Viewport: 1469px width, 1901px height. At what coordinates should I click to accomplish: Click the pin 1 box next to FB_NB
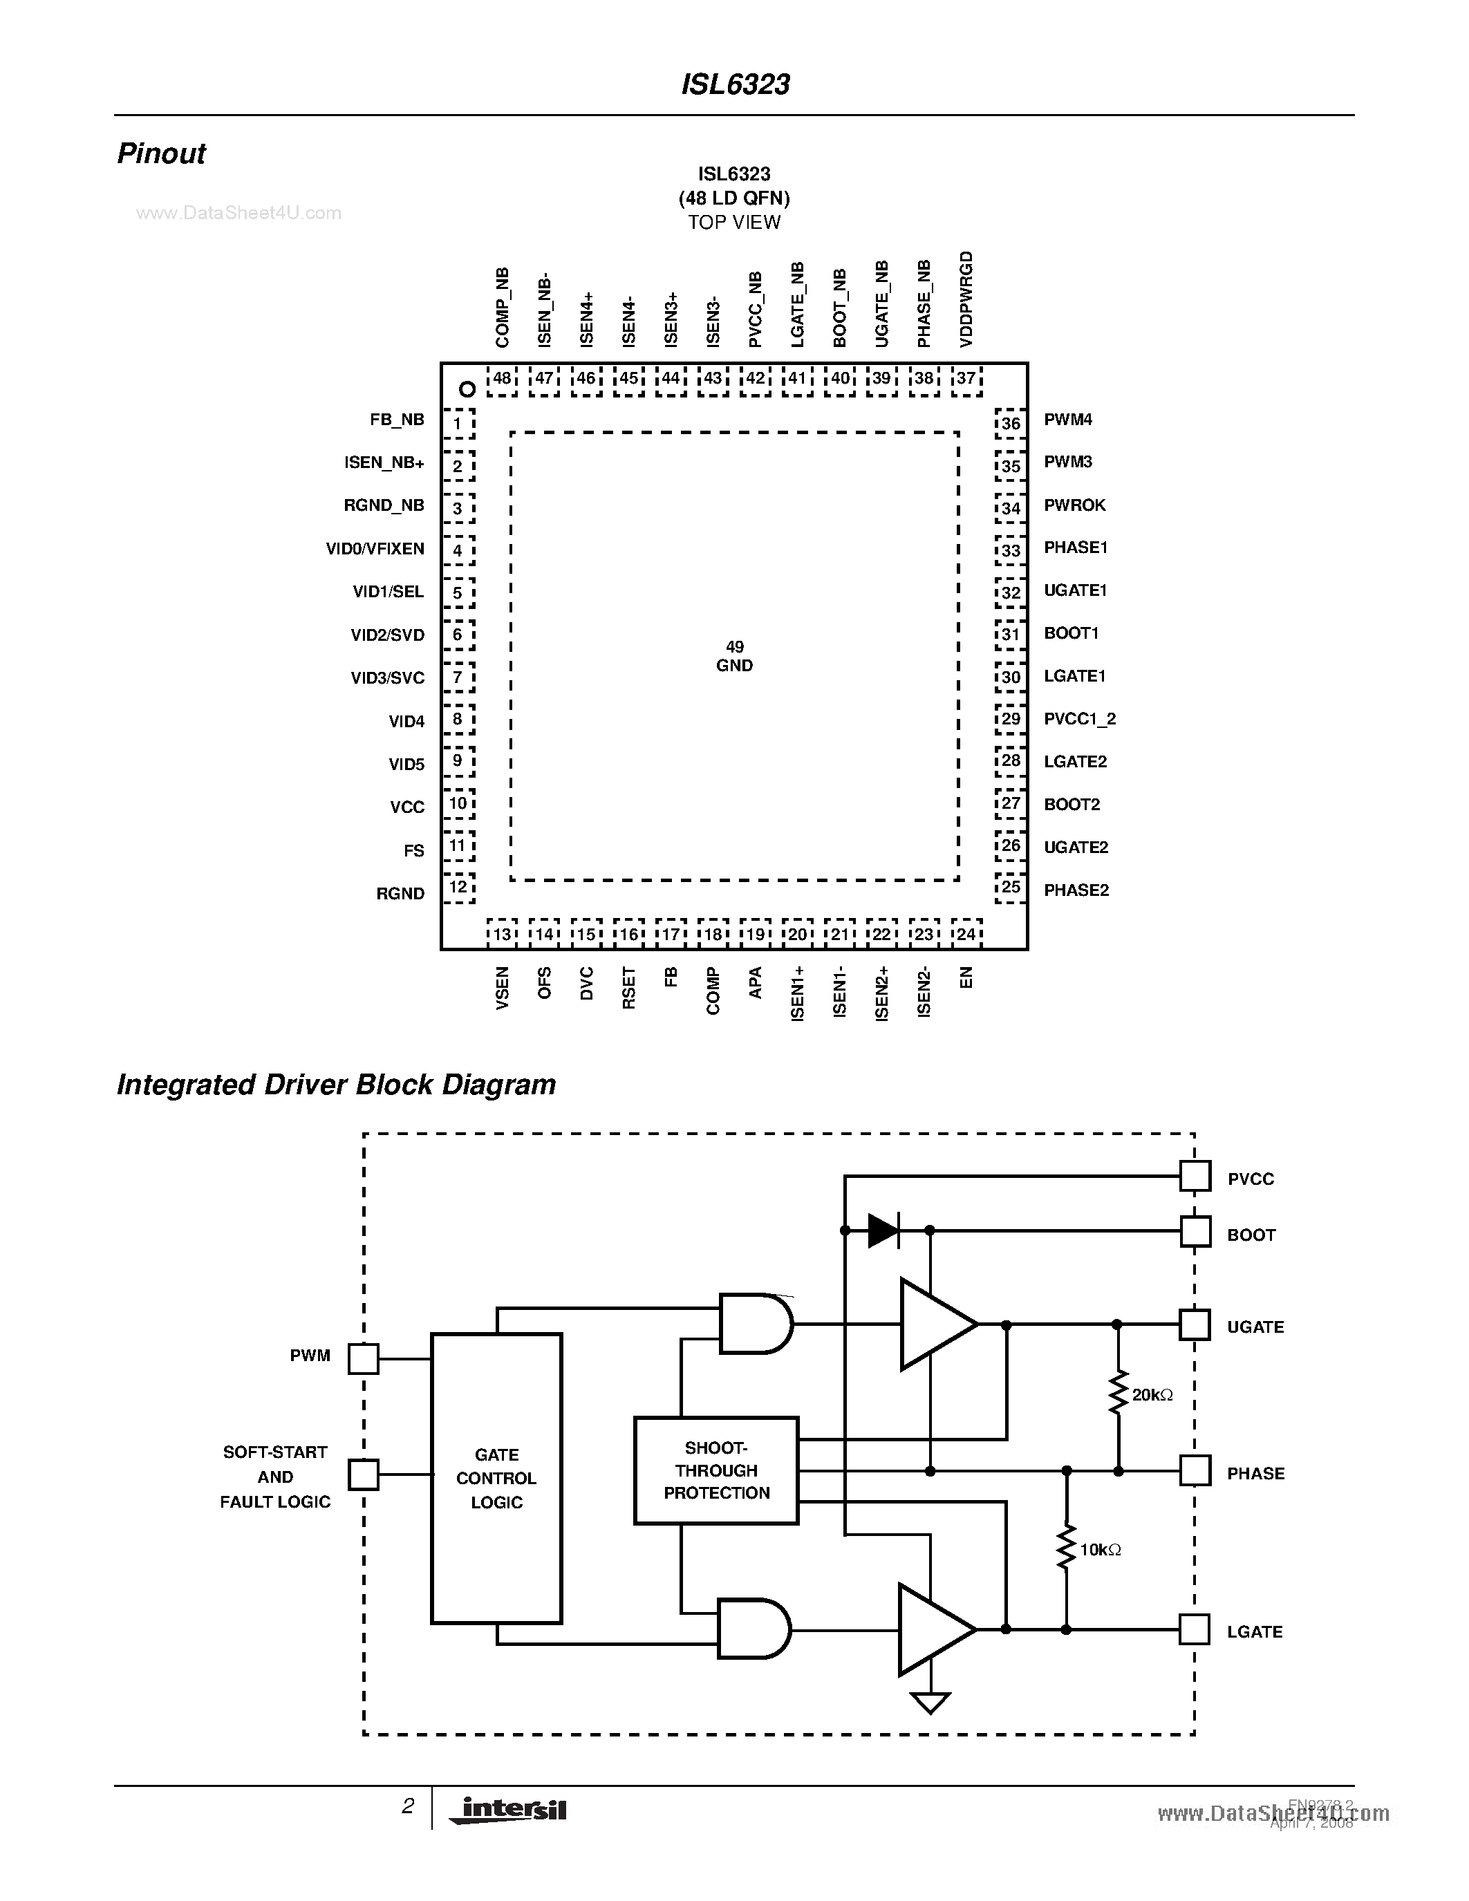coord(458,424)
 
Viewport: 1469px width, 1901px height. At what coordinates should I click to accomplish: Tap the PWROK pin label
coord(1075,505)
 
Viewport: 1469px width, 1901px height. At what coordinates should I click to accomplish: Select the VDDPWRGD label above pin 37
coord(966,299)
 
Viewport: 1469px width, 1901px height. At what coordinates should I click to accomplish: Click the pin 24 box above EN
coord(966,934)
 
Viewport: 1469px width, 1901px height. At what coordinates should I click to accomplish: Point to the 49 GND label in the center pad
coord(734,656)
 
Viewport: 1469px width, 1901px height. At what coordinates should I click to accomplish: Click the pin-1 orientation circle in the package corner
coord(467,389)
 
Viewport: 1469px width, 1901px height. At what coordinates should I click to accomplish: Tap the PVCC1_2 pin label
coord(1080,719)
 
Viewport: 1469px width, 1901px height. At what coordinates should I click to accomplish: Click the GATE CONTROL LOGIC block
coord(496,1478)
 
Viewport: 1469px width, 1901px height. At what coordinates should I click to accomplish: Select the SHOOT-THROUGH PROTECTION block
coord(716,1471)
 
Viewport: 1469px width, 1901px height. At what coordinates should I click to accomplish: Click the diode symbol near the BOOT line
coord(883,1230)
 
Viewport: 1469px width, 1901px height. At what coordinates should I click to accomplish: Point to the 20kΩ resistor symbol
coord(1117,1394)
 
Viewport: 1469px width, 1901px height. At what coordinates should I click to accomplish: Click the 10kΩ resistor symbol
coord(1066,1548)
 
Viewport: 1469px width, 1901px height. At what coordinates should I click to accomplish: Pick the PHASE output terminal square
coord(1195,1471)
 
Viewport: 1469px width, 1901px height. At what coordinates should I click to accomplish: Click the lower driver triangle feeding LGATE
coord(934,1629)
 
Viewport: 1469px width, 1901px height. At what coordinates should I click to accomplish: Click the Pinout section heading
coord(162,154)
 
